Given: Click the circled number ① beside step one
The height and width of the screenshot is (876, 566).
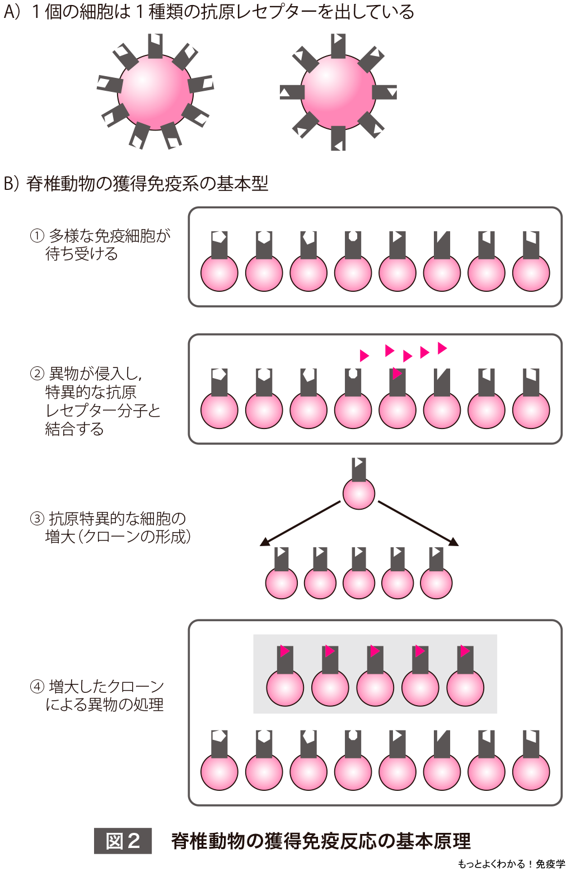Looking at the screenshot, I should (x=37, y=236).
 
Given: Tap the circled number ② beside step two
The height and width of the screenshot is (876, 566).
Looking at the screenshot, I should (x=37, y=374).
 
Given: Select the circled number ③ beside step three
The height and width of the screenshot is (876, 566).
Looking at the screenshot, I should (x=37, y=519).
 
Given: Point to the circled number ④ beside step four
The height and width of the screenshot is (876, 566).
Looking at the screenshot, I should (x=37, y=686).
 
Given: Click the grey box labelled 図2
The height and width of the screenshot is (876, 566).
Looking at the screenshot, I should (x=123, y=841).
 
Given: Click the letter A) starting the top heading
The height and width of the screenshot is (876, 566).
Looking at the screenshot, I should (x=12, y=12).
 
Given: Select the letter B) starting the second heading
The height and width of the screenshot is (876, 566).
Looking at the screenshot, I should (x=12, y=183).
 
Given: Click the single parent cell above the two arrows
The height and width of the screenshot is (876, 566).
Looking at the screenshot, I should (x=359, y=493).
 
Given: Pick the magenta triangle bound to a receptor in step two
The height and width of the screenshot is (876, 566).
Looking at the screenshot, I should (x=397, y=373).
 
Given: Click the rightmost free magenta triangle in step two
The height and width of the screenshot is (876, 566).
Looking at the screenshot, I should (x=442, y=348).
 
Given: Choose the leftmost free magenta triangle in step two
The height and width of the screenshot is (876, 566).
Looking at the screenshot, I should (x=364, y=356).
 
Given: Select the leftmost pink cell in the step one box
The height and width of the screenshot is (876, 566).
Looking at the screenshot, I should (x=219, y=273).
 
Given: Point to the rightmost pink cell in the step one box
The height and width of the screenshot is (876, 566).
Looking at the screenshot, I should (x=531, y=273).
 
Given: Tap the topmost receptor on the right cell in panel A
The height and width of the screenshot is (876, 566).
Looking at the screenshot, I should (x=338, y=45).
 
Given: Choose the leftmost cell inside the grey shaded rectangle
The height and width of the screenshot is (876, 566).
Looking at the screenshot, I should (x=285, y=687).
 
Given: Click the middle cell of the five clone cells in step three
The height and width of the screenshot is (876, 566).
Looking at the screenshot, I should (x=359, y=583).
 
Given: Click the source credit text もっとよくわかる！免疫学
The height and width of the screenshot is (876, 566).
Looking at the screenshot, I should (x=511, y=864).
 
